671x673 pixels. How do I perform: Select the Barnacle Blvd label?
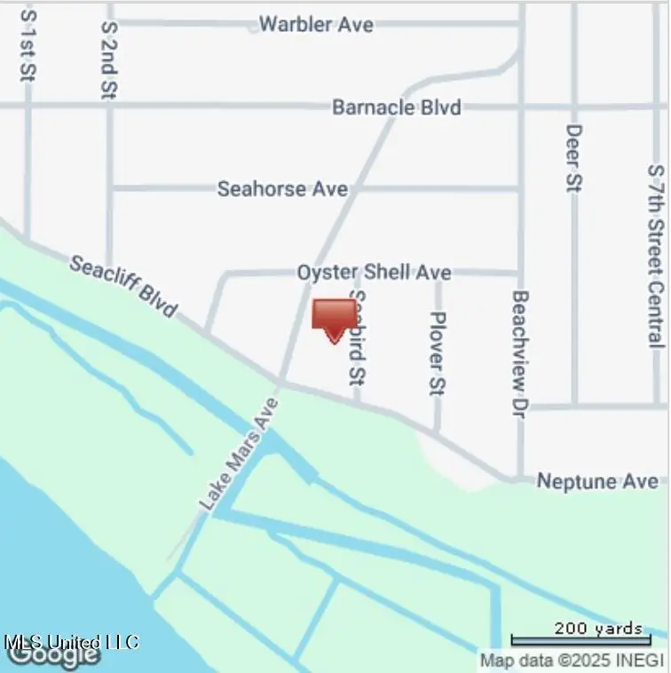tap(396, 107)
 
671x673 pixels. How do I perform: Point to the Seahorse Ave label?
tap(282, 189)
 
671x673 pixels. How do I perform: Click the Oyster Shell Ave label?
tap(374, 273)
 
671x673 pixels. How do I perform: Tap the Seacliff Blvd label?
tap(123, 286)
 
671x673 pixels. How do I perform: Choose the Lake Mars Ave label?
tap(238, 454)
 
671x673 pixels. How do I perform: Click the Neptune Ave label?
tap(598, 481)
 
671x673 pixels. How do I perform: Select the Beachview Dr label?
tap(521, 354)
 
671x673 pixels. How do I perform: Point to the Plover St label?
tap(437, 352)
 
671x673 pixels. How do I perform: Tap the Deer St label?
tap(574, 158)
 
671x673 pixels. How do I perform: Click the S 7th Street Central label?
tap(656, 255)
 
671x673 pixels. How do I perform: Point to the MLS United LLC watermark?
tap(71, 641)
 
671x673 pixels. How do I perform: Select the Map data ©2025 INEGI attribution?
tap(572, 661)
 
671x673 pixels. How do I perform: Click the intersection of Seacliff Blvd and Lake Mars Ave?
tap(280, 384)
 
